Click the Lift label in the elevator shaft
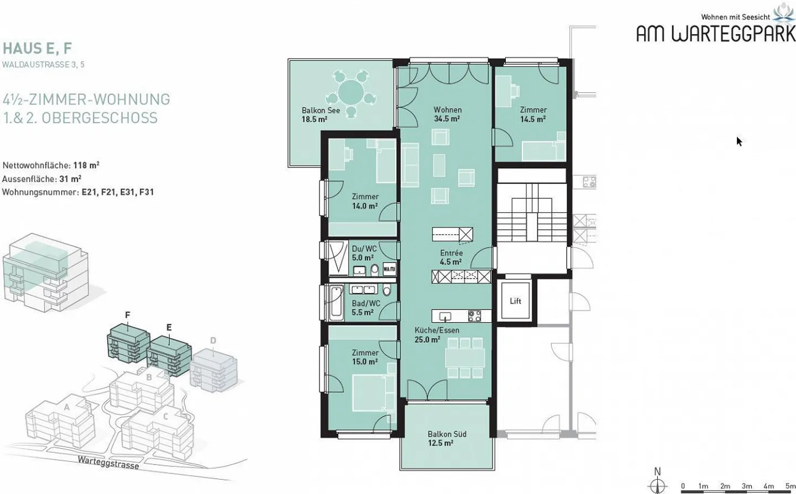[x=515, y=301]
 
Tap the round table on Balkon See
[x=350, y=92]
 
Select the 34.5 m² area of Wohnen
[x=447, y=119]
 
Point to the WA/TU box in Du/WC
[x=390, y=269]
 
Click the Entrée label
[x=451, y=253]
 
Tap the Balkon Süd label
[x=447, y=434]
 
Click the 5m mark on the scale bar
[x=790, y=486]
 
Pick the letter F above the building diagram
[x=128, y=314]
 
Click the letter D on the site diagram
[x=213, y=340]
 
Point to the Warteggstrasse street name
[x=108, y=463]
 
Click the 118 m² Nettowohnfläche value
[x=86, y=165]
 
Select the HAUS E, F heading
[x=38, y=49]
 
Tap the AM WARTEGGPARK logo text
[x=716, y=34]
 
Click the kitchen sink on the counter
[x=445, y=316]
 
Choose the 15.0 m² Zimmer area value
[x=365, y=361]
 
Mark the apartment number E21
[x=90, y=192]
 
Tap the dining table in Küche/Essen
[x=465, y=358]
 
